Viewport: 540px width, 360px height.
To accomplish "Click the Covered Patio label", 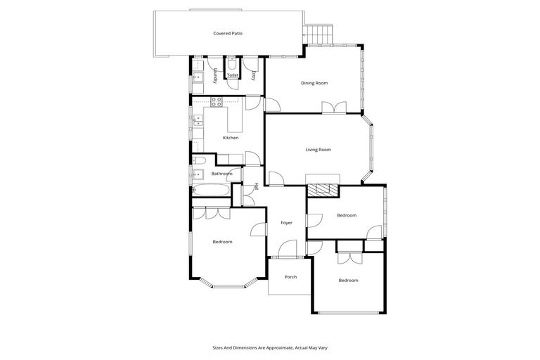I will (x=228, y=33).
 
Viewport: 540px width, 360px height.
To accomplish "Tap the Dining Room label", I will (x=314, y=83).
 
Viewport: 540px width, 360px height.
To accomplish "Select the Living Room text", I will (x=318, y=149).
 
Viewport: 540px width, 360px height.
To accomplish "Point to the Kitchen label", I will (x=231, y=138).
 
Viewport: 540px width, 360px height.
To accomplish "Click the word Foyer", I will (x=286, y=223).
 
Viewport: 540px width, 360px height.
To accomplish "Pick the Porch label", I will (x=290, y=277).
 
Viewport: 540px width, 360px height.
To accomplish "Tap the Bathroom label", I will (x=222, y=173).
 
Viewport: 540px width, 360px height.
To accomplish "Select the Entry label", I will (x=252, y=75).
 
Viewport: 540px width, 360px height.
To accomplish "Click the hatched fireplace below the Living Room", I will (x=323, y=189).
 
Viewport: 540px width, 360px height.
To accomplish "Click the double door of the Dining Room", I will (x=334, y=108).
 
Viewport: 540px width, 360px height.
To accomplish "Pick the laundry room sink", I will (x=198, y=78).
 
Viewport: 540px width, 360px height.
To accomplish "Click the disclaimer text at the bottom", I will (x=270, y=347).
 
